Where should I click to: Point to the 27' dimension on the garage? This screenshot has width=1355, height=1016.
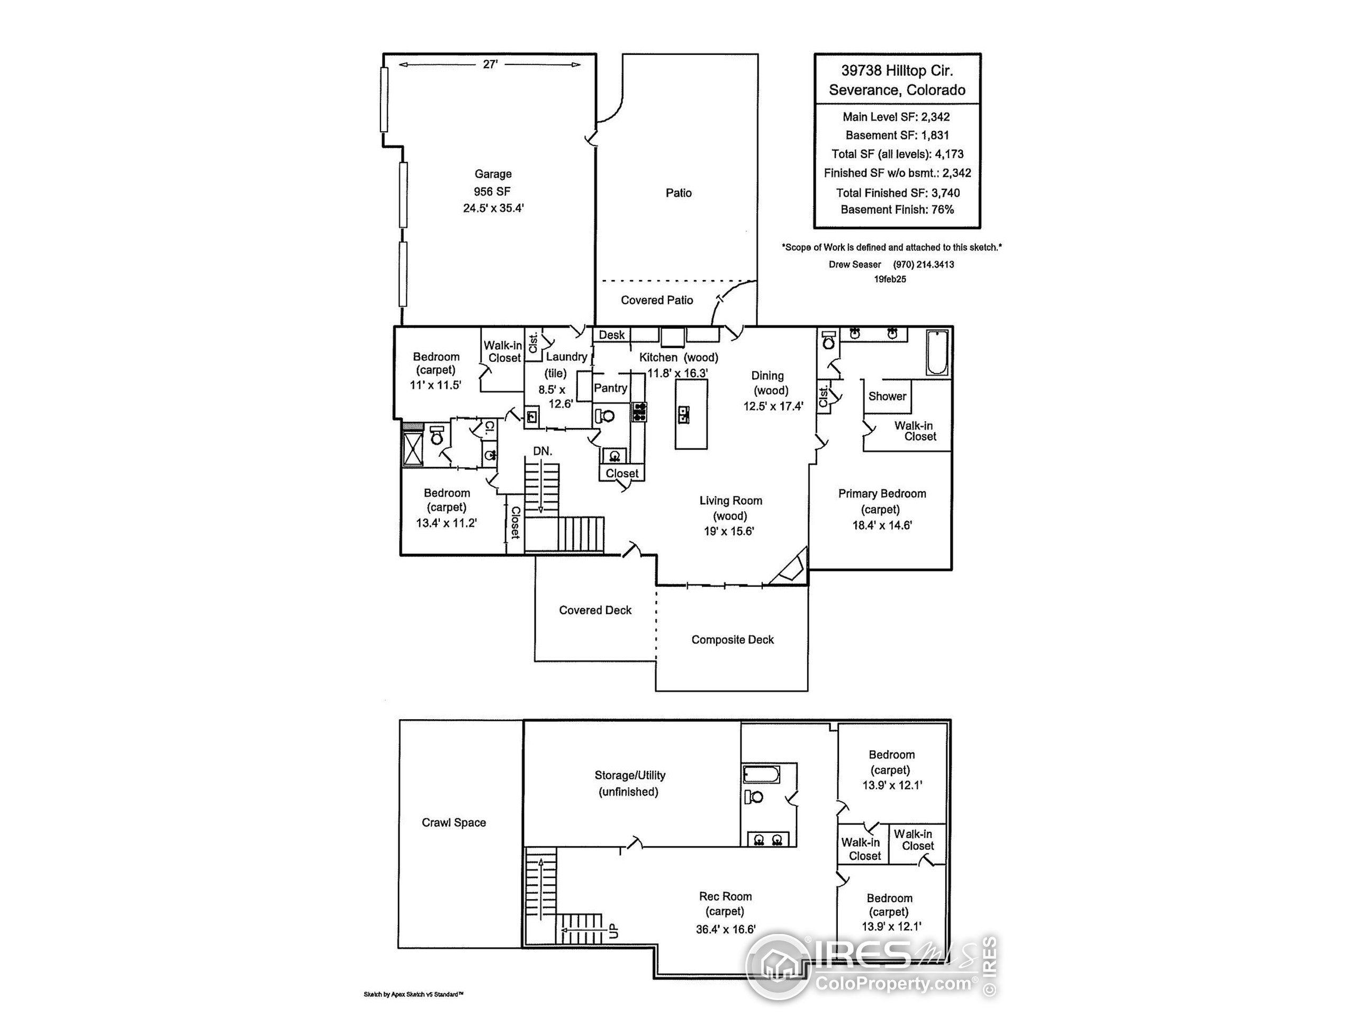(x=490, y=65)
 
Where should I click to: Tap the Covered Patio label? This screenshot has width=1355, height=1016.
(x=657, y=300)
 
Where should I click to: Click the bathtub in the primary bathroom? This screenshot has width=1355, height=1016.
(x=937, y=353)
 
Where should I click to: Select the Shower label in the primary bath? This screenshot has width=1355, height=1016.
(x=887, y=396)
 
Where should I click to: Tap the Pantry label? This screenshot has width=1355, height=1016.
(x=610, y=388)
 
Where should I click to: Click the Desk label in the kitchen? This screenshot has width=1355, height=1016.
(x=611, y=335)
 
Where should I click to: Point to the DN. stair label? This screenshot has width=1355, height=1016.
(x=542, y=451)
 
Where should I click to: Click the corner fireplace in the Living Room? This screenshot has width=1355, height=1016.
(x=791, y=569)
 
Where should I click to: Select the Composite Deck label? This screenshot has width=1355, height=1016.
(x=732, y=639)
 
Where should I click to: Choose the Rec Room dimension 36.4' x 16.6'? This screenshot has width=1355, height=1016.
(x=725, y=929)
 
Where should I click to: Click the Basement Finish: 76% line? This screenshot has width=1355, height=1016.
(x=897, y=210)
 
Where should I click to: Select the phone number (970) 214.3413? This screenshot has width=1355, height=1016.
(x=923, y=265)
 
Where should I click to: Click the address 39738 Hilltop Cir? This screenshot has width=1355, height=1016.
(x=897, y=70)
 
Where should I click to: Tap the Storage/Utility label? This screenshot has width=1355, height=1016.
(x=629, y=775)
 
